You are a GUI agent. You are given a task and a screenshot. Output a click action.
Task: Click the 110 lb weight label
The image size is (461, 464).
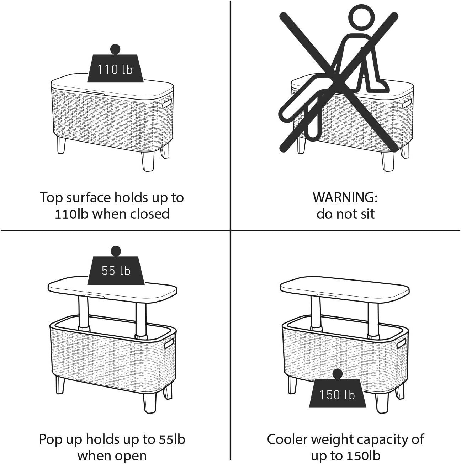[x=115, y=69]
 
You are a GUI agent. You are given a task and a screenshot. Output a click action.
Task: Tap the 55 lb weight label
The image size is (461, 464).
[x=116, y=271]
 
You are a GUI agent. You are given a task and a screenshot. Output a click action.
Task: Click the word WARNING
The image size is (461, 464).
[x=345, y=197]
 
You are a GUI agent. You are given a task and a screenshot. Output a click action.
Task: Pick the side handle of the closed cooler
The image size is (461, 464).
[x=167, y=103]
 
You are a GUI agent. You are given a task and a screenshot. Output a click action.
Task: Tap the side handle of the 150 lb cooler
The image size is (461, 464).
[x=401, y=343]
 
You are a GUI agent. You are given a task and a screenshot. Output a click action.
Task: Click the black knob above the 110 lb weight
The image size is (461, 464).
[x=115, y=49]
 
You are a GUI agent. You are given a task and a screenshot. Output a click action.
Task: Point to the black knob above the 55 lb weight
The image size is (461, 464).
[x=116, y=251]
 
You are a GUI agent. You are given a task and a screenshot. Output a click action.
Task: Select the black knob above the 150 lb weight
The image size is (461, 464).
[x=337, y=380]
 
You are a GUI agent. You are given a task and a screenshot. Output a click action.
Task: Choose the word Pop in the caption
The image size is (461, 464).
[x=51, y=439]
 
